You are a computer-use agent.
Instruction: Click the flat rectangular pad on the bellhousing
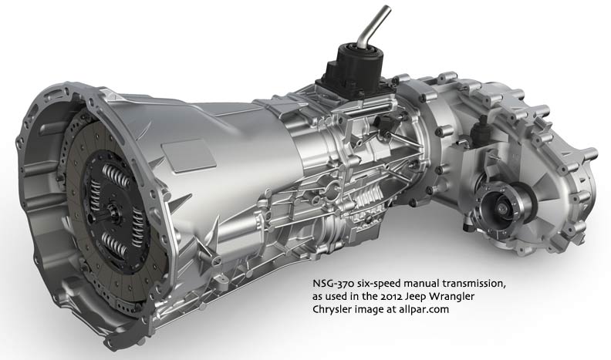[x=188, y=154]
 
